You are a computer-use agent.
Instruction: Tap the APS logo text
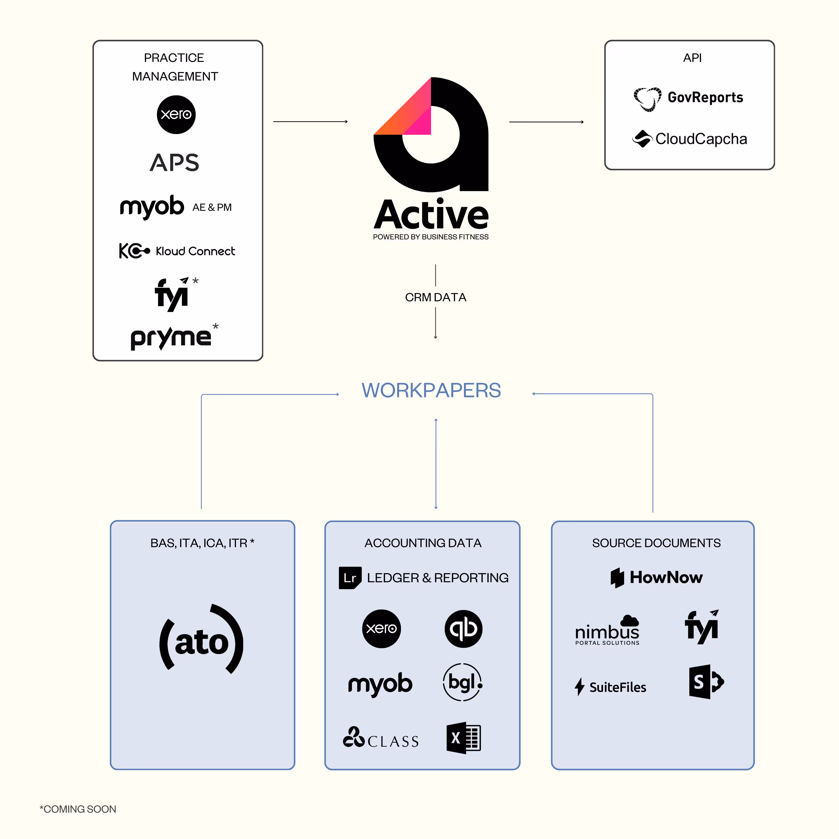175,162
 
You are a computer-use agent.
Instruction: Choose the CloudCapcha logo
690,139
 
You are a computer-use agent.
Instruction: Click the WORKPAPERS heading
431,390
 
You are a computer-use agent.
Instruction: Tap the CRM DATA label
436,298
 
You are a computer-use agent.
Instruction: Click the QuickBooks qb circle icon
463,628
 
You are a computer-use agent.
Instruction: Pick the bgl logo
462,682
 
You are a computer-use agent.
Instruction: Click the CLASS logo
381,738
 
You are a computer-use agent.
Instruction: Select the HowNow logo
656,577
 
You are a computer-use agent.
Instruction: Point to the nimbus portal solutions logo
607,630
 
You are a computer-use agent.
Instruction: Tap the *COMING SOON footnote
78,809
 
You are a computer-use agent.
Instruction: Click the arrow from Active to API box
546,122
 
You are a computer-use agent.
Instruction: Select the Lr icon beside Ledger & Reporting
350,577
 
